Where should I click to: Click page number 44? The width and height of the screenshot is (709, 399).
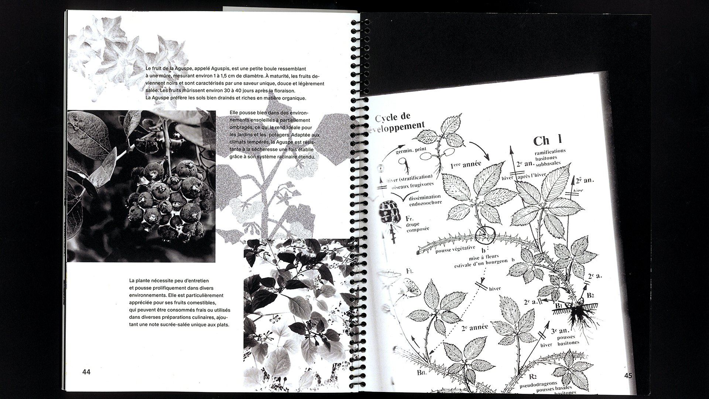click(86, 372)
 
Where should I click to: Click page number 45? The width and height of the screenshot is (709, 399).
click(628, 376)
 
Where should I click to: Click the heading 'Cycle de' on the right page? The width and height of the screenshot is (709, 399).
click(393, 117)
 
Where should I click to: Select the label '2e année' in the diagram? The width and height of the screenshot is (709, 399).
click(475, 327)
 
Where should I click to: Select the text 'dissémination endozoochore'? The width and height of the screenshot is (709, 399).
click(425, 200)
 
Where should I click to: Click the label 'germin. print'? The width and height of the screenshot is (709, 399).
click(411, 150)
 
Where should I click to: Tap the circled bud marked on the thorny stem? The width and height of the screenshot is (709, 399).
click(484, 235)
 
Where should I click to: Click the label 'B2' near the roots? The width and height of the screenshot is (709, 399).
click(590, 295)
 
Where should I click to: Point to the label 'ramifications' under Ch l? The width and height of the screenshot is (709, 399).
click(550, 151)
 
